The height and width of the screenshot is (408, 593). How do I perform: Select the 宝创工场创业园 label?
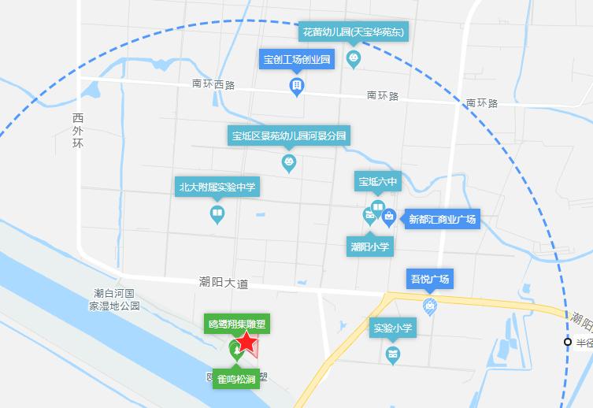coord(298,59)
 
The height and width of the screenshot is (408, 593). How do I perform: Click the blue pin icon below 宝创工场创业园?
coord(297,86)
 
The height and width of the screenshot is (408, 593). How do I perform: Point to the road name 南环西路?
coord(213,83)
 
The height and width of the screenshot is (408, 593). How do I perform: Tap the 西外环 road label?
coord(77,132)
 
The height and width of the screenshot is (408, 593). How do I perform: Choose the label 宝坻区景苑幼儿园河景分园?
coord(289,135)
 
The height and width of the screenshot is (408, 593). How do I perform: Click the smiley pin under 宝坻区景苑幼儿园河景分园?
coord(289,163)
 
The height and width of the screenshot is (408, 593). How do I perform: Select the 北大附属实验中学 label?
coord(217,187)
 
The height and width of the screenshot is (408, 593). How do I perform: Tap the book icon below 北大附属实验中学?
coord(217,213)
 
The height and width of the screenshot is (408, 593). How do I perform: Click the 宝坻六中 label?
coord(378,183)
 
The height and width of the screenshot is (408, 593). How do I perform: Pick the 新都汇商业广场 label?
coord(442,219)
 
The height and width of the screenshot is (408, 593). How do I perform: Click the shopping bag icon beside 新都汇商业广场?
coord(388,218)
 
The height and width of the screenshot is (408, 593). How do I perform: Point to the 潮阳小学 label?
coord(370,246)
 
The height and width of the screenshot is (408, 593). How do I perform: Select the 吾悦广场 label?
coord(429,279)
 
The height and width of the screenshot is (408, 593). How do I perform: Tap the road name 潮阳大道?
coord(223,282)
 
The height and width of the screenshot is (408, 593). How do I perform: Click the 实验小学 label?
coord(393,328)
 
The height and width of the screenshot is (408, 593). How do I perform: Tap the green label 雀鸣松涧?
coord(235,380)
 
